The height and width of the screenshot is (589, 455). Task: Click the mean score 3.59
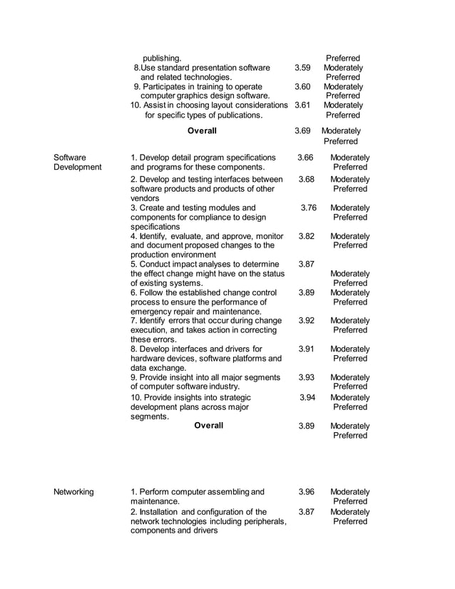pos(302,68)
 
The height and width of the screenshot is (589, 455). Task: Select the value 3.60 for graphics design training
pos(302,86)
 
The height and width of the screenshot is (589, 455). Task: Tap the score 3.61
pos(302,105)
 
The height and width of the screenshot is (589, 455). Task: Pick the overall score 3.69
pos(302,131)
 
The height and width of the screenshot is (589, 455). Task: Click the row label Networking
pos(73,492)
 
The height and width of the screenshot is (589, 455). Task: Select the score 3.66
pos(306,158)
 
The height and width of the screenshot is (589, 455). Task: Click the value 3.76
pos(308,208)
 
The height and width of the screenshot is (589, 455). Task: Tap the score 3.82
pos(306,236)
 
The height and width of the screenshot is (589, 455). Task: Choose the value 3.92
pos(306,321)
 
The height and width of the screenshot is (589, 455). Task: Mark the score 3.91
pos(306,349)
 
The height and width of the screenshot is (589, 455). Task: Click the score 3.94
pos(307,397)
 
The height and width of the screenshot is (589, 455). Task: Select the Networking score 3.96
pos(306,492)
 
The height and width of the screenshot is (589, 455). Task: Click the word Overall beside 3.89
pos(208,426)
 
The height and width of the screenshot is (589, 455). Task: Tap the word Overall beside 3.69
pos(202,131)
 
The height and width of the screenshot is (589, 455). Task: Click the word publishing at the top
pos(161,58)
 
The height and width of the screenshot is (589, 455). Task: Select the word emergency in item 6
pos(152,311)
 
